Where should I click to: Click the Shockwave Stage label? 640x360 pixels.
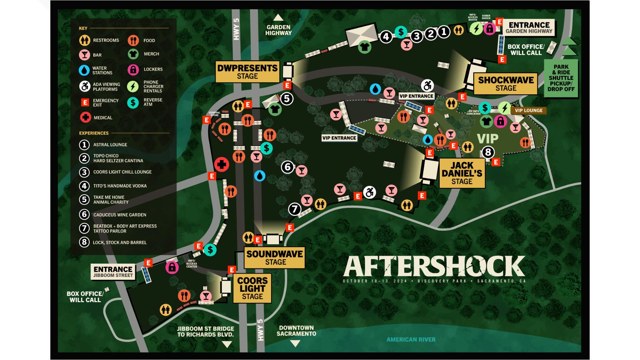pyautogui.click(x=506, y=84)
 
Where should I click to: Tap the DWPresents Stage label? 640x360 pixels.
pyautogui.click(x=247, y=72)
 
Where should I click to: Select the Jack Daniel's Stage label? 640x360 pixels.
pyautogui.click(x=462, y=173)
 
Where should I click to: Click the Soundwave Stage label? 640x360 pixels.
pyautogui.click(x=275, y=258)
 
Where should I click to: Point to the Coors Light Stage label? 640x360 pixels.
pyautogui.click(x=252, y=288)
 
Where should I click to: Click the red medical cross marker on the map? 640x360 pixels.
pyautogui.click(x=221, y=164)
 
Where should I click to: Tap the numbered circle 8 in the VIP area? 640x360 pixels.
pyautogui.click(x=488, y=152)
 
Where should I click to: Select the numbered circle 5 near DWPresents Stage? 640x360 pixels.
pyautogui.click(x=287, y=99)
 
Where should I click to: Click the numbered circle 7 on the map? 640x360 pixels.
pyautogui.click(x=295, y=209)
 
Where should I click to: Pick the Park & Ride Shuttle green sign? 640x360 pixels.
pyautogui.click(x=561, y=78)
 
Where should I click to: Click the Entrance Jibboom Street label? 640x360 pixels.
pyautogui.click(x=113, y=272)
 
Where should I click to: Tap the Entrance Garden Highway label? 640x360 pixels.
pyautogui.click(x=529, y=27)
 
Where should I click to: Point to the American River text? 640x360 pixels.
pyautogui.click(x=411, y=339)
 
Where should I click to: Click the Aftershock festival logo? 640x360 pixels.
pyautogui.click(x=434, y=267)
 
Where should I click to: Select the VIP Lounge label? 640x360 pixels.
pyautogui.click(x=528, y=110)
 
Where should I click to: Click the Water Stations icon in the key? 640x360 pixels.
pyautogui.click(x=84, y=70)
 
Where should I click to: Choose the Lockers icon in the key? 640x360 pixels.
pyautogui.click(x=133, y=69)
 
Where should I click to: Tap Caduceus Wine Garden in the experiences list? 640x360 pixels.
pyautogui.click(x=120, y=215)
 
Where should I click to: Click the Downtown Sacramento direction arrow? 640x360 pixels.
pyautogui.click(x=295, y=343)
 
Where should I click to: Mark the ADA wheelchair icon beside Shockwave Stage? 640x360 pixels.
pyautogui.click(x=427, y=85)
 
